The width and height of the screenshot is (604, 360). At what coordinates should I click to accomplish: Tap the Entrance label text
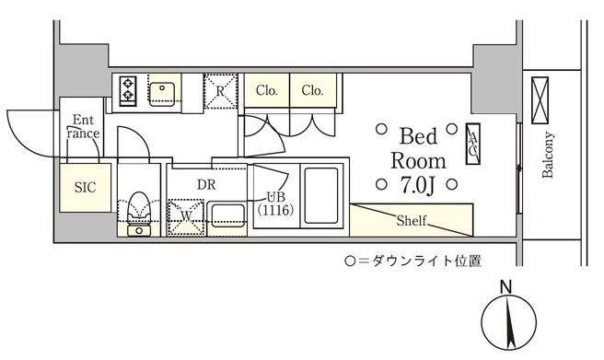pyautogui.click(x=83, y=126)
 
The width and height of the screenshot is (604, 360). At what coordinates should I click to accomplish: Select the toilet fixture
pyautogui.click(x=139, y=206)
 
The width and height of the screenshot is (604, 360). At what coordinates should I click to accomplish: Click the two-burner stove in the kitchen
pyautogui.click(x=127, y=89)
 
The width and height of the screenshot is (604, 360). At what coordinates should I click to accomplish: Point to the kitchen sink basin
pyautogui.click(x=165, y=90)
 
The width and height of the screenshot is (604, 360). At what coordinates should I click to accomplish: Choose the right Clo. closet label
pyautogui.click(x=313, y=90)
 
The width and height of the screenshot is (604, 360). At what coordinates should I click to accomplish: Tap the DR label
pyautogui.click(x=205, y=182)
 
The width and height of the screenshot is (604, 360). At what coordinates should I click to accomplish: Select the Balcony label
pyautogui.click(x=548, y=157)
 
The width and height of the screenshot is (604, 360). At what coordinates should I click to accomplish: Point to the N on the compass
pyautogui.click(x=505, y=288)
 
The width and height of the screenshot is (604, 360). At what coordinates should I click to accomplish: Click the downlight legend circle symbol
pyautogui.click(x=350, y=261)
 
